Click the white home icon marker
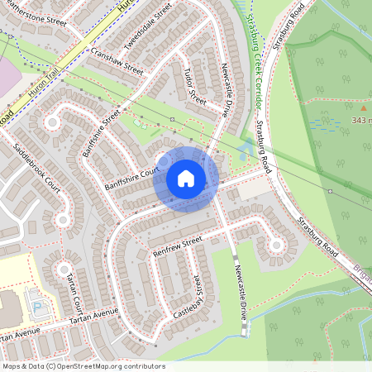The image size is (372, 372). [186, 179]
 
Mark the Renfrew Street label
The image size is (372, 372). [176, 245]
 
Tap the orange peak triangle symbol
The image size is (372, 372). [362, 107]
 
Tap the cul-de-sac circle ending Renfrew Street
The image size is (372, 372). [275, 245]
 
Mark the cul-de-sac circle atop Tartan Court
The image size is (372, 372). [64, 269]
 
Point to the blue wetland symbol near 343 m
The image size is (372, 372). [324, 124]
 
